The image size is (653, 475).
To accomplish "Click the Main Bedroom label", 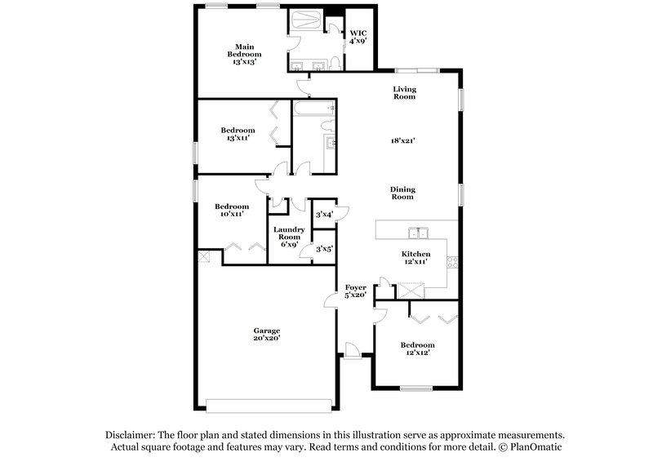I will click(x=242, y=54).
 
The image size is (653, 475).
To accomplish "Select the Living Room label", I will click(x=404, y=92).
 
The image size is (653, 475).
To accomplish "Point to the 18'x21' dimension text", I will click(x=403, y=140).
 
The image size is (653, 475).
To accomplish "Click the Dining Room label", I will click(x=402, y=192).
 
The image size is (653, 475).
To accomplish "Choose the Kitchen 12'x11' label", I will click(x=415, y=259).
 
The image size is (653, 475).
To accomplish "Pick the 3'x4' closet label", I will click(x=325, y=214).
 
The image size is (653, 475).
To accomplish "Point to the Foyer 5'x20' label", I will click(x=355, y=291).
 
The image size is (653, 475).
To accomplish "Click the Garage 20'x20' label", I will click(x=266, y=334).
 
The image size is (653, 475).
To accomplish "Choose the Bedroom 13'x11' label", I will click(x=238, y=134).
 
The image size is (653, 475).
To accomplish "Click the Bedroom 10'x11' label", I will click(x=232, y=211).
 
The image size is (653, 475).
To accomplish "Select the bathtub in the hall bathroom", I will click(x=311, y=109).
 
